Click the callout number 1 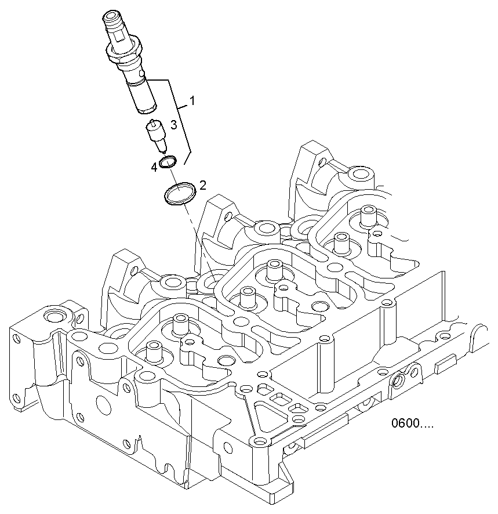[192, 101]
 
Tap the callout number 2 [202, 185]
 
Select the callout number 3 [173, 125]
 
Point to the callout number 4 [154, 168]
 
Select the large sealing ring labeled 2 [179, 194]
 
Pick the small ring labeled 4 [168, 161]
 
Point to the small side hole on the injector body [143, 74]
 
